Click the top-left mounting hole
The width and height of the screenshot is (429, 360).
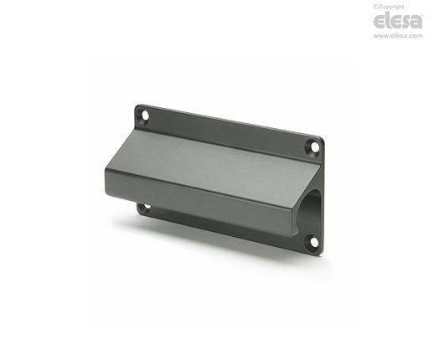[x=145, y=115]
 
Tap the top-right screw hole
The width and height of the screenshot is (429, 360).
[x=315, y=147]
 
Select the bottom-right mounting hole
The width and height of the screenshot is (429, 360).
[x=314, y=242]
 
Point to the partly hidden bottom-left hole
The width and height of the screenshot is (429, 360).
[x=146, y=208]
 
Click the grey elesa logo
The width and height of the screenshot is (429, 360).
[x=398, y=21]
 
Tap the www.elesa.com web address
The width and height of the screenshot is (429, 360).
[x=398, y=36]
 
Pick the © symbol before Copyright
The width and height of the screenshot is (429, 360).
[x=375, y=7]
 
